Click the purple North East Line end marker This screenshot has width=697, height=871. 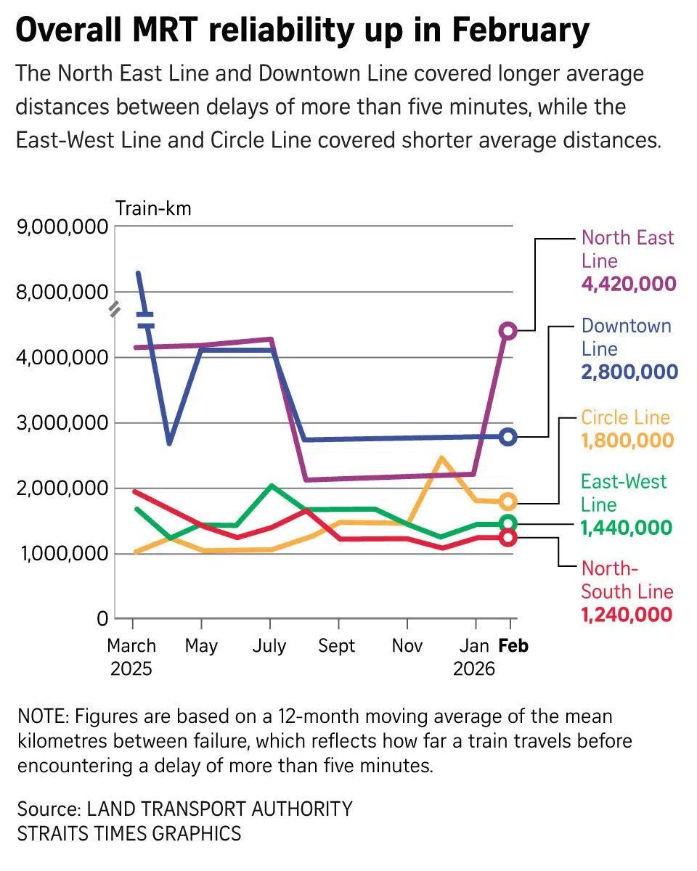point(508,331)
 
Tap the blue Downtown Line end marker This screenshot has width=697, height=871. point(508,437)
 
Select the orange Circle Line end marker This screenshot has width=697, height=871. point(508,502)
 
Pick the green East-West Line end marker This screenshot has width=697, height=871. point(508,523)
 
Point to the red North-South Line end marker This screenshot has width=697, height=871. point(508,538)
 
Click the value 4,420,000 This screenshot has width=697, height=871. point(628,284)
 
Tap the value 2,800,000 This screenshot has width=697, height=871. point(629,372)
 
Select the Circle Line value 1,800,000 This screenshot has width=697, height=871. point(627,441)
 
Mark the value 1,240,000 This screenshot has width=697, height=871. point(626,615)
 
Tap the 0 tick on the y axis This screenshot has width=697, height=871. point(102,619)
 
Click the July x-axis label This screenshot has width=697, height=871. point(269,646)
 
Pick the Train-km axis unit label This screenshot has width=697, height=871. point(153,209)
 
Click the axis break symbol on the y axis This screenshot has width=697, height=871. point(115,311)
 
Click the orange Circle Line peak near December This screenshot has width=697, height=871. point(441,458)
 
